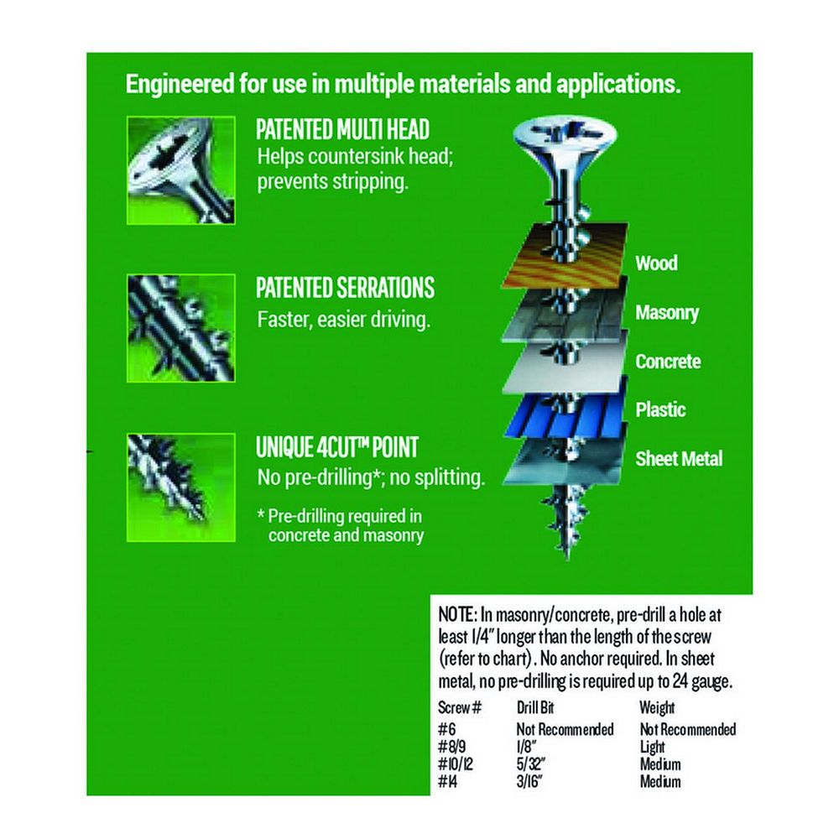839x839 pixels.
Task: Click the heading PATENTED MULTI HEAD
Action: (x=342, y=129)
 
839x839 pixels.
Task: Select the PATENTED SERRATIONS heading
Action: (x=345, y=288)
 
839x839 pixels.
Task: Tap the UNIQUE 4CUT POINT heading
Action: (x=336, y=447)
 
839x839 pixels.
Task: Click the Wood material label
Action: (x=657, y=263)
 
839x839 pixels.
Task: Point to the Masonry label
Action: (x=667, y=312)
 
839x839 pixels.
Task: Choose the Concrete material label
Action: (x=668, y=361)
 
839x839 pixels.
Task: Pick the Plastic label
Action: (x=660, y=410)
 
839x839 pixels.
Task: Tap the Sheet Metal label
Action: (x=679, y=459)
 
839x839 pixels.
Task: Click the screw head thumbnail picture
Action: (x=181, y=170)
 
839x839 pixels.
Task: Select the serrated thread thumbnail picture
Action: (x=181, y=328)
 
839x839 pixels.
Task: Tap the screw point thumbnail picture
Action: (x=181, y=487)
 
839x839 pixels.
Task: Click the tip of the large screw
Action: (x=567, y=559)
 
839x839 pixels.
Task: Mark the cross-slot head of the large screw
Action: (x=565, y=133)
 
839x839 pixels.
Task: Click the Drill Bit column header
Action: (x=535, y=708)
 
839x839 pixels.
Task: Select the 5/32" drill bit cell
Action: (x=531, y=764)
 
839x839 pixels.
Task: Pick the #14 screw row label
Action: (x=448, y=782)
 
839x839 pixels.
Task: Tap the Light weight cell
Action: (x=652, y=747)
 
